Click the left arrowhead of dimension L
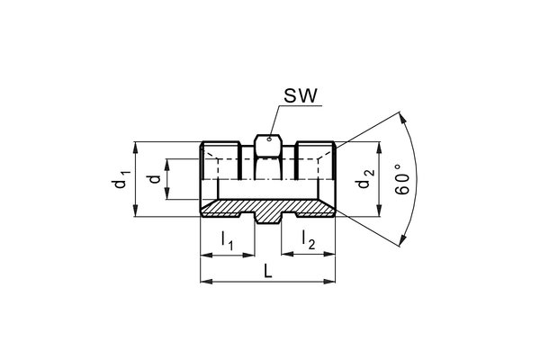(x=202, y=283)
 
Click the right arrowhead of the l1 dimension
(x=251, y=255)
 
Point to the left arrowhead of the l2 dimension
(x=283, y=255)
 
